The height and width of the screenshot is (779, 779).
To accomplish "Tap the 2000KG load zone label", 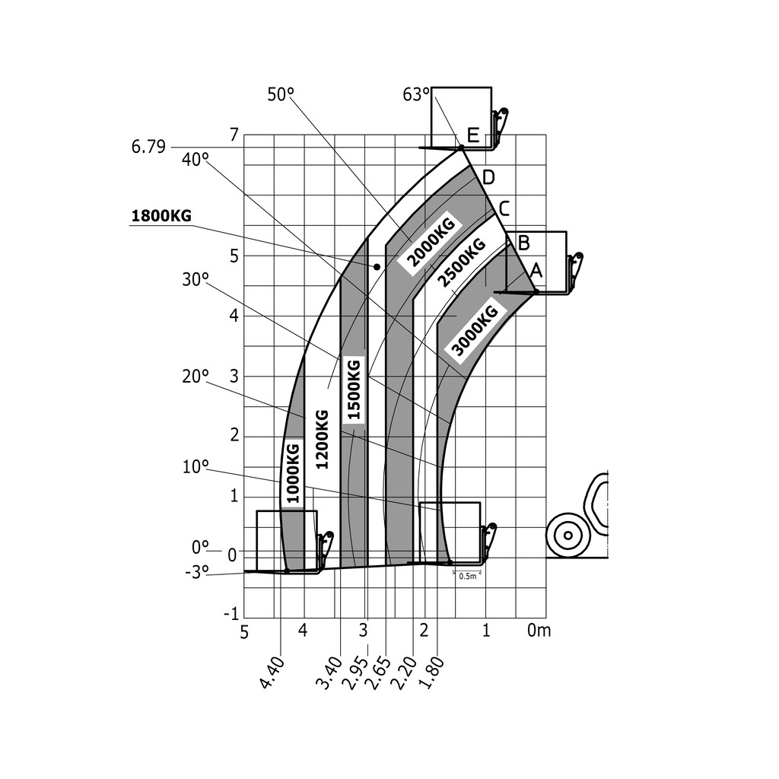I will [431, 242].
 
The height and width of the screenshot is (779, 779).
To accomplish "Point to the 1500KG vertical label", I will [354, 389].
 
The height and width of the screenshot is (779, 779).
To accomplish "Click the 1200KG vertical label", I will [322, 439].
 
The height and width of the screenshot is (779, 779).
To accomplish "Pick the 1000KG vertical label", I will [293, 472].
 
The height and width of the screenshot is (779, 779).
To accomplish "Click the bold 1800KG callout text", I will [161, 216].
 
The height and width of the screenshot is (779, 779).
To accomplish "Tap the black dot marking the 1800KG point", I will [377, 267].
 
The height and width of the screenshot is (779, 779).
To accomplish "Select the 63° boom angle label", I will [416, 95].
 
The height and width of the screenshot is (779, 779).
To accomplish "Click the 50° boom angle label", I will [281, 94].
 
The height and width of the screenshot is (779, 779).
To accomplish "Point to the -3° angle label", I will [196, 573].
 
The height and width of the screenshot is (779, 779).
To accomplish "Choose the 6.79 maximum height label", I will [148, 147].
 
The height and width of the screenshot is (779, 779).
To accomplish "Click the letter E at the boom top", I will [473, 136].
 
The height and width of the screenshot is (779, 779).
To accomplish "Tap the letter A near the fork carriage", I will [536, 269].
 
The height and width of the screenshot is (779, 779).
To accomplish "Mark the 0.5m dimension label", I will [468, 576].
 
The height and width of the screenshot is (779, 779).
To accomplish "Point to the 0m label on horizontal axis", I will [539, 630].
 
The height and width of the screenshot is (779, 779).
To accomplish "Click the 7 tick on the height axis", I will [234, 135].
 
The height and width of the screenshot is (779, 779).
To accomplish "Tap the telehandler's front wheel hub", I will [568, 536].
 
